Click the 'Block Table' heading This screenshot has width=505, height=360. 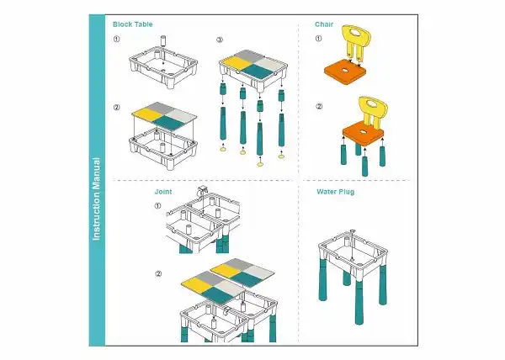click(132, 24)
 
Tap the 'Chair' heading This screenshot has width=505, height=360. click(324, 24)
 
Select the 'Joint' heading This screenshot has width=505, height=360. click(163, 192)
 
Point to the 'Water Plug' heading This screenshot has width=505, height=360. click(335, 192)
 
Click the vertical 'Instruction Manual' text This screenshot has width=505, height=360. click(97, 199)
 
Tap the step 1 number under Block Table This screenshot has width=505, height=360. click(117, 39)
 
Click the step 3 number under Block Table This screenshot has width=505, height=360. click(220, 40)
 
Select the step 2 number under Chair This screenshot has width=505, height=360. click(319, 107)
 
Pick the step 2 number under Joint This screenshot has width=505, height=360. click(158, 273)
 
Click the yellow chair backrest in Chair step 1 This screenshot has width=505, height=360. click(356, 42)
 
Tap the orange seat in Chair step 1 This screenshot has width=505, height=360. click(345, 73)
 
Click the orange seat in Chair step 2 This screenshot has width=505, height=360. click(364, 132)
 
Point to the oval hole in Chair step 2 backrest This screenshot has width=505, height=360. click(373, 104)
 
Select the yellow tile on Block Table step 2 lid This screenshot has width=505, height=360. click(146, 114)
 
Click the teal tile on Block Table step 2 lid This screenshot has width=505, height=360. click(167, 123)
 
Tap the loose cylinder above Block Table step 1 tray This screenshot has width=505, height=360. click(163, 42)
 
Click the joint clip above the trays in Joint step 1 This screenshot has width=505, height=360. click(202, 189)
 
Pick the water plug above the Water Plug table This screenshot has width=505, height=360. click(353, 231)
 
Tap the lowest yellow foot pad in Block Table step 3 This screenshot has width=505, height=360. click(260, 164)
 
